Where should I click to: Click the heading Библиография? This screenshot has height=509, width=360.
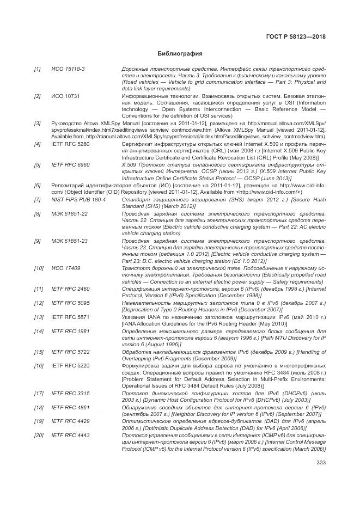180,54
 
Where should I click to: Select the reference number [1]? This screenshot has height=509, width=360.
37,69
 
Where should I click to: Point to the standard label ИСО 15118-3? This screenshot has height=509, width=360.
64,69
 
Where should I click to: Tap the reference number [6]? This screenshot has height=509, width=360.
37,186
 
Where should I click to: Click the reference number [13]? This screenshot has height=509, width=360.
39,317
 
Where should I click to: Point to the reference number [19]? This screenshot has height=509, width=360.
39,422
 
